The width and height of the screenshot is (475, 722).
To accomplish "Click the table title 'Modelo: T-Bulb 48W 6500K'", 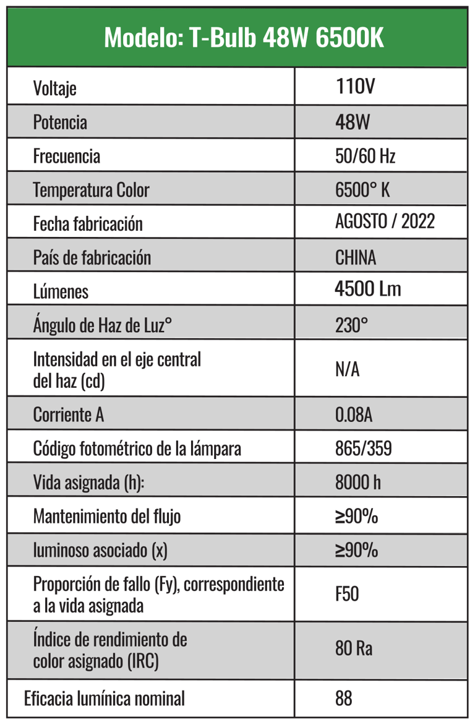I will click(x=244, y=38).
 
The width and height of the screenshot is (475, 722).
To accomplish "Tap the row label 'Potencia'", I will click(x=60, y=122).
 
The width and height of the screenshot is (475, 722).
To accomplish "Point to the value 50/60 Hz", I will click(x=365, y=156).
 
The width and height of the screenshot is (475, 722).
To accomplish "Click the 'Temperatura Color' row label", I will click(x=91, y=189).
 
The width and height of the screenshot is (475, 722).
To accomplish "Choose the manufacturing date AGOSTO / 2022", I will click(x=385, y=221).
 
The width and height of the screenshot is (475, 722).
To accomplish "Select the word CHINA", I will click(x=356, y=257).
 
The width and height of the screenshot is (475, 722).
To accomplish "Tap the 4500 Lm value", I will click(x=367, y=290).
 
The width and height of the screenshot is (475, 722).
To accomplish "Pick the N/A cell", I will click(x=347, y=370).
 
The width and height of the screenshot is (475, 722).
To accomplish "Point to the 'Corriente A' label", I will click(x=68, y=415).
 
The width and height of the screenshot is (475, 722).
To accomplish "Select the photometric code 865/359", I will click(x=363, y=449).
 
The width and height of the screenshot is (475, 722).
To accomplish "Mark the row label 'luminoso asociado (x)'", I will click(x=100, y=550).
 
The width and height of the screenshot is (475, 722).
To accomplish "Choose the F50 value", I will click(x=347, y=595).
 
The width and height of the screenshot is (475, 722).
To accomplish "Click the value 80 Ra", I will click(x=354, y=649).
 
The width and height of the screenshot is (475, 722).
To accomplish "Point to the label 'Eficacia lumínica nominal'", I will click(x=105, y=699).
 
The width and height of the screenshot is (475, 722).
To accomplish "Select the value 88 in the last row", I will click(x=344, y=699).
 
